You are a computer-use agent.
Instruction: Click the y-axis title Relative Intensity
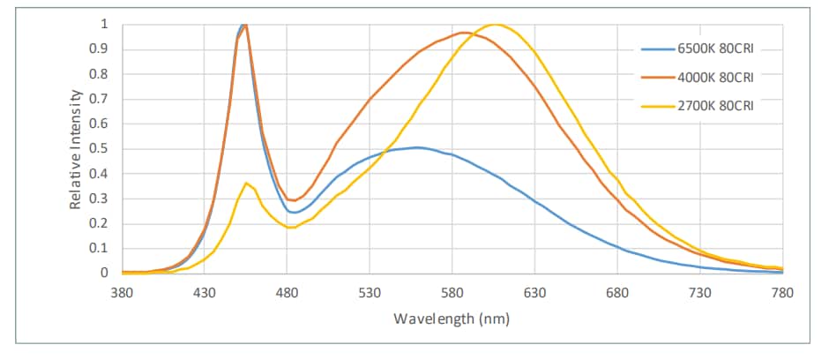pos(77,148)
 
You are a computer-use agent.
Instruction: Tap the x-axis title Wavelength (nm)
pos(452,318)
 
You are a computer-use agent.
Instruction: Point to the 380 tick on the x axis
pos(122,291)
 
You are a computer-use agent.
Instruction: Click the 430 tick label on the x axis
pos(204,291)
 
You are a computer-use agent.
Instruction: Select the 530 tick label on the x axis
pos(370,291)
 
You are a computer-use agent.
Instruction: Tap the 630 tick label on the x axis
pos(534,291)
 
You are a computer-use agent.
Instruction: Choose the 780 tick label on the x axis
pos(782,291)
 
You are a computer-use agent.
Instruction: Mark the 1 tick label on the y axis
pos(106,24)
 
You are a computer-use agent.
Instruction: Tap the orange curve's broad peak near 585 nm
pos(462,33)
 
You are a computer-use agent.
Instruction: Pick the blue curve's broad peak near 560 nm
pos(417,147)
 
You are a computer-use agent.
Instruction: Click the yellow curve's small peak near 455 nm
pos(247,183)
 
